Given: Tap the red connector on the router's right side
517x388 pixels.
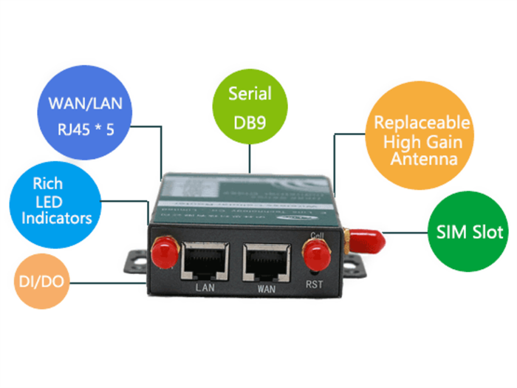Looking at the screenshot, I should coord(368,239).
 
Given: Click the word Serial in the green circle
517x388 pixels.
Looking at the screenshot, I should coord(250,94).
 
